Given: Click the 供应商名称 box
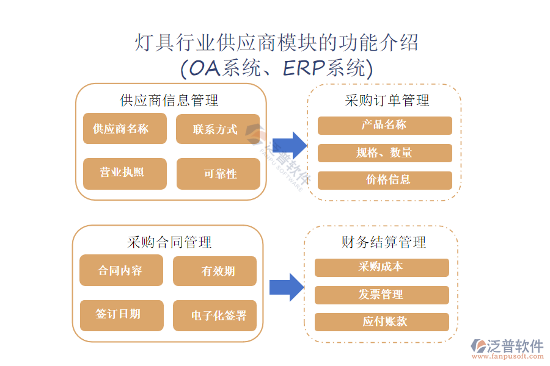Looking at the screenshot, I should [x=125, y=129].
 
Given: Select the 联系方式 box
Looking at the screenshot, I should [x=218, y=129].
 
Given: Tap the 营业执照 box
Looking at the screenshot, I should [x=125, y=173].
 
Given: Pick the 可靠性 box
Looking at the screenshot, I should [x=218, y=174].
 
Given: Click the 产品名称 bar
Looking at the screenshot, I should [x=384, y=126].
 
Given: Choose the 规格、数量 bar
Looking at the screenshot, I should [x=384, y=152].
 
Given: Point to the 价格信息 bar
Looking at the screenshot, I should [x=384, y=180].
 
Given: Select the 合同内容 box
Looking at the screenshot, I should [x=121, y=270].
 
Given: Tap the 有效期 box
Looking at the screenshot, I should [x=215, y=271].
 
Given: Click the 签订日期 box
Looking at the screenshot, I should [x=121, y=315].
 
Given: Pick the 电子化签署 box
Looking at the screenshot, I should [x=215, y=315].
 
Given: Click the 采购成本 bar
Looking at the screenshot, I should [x=381, y=267].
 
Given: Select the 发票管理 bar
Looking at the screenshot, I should [x=381, y=295].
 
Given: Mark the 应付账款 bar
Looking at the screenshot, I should [x=381, y=321].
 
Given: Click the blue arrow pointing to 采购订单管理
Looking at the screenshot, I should [x=289, y=145].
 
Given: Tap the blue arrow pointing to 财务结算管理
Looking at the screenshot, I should [x=287, y=287].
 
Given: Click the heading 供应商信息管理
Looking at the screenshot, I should [x=169, y=99].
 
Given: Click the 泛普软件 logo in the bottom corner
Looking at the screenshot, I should [x=507, y=348].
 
